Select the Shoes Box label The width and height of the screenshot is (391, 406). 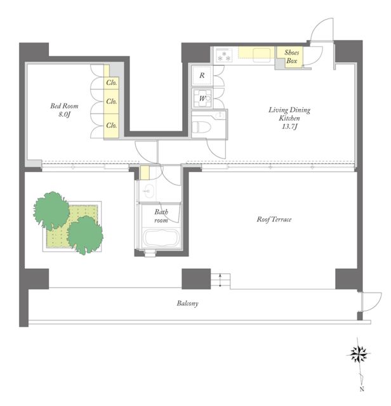pyautogui.click(x=291, y=56)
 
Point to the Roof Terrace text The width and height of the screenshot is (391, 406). pyautogui.click(x=274, y=219)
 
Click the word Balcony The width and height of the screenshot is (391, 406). pyautogui.click(x=187, y=303)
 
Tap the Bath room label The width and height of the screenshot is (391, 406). pyautogui.click(x=161, y=216)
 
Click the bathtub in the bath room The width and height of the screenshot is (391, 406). pyautogui.click(x=161, y=239)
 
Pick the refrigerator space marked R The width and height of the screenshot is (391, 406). pyautogui.click(x=202, y=75)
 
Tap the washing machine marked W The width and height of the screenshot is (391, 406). pyautogui.click(x=202, y=98)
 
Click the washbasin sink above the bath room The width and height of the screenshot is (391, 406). pyautogui.click(x=149, y=191)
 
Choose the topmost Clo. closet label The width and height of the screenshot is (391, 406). pyautogui.click(x=112, y=83)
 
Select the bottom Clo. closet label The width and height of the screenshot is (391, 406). pyautogui.click(x=112, y=126)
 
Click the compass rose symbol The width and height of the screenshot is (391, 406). pyautogui.click(x=359, y=353)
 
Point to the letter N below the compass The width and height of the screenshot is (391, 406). pyautogui.click(x=362, y=389)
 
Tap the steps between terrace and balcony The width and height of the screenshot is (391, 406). pyautogui.click(x=220, y=280)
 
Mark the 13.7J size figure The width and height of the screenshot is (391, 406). pyautogui.click(x=289, y=127)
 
